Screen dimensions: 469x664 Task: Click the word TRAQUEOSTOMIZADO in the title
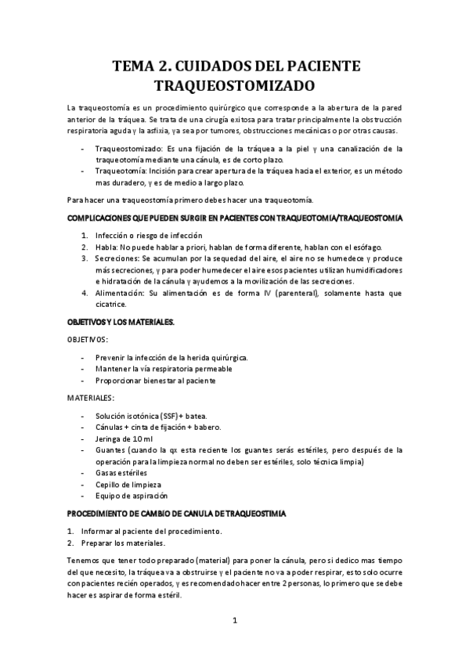(x=235, y=83)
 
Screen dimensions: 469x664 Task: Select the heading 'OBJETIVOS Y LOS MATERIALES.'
(x=120, y=321)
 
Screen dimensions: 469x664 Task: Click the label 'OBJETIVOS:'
(x=87, y=339)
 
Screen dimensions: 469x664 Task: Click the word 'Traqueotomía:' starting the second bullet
(x=121, y=170)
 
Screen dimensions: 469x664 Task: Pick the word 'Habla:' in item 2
(x=106, y=246)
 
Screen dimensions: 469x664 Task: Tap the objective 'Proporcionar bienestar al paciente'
(x=155, y=380)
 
